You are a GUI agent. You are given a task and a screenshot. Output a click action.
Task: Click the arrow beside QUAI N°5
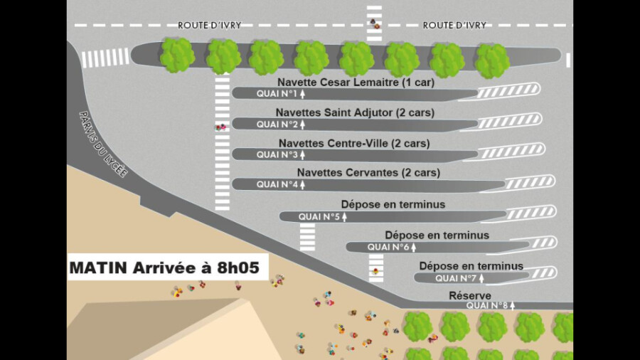344,217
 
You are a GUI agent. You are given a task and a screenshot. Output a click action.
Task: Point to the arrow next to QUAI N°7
481,278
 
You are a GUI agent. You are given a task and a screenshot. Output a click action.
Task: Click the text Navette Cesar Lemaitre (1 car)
356,83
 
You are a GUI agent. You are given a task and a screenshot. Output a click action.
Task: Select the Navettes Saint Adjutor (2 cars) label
355,112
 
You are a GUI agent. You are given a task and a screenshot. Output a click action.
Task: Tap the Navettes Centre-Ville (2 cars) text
354,143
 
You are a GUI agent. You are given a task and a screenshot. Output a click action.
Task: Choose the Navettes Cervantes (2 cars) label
368,173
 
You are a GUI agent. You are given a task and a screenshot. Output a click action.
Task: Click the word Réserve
470,295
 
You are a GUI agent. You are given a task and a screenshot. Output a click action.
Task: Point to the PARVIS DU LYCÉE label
103,144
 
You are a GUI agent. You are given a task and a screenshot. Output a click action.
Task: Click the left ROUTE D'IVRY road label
209,26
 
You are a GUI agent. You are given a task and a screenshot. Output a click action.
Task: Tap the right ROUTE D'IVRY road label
454,26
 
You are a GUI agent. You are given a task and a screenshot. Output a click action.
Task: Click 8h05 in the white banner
238,268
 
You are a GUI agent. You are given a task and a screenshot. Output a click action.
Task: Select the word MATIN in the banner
98,268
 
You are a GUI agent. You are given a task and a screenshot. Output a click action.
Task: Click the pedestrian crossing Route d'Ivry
374,24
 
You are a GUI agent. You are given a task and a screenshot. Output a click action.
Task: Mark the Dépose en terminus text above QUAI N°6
437,235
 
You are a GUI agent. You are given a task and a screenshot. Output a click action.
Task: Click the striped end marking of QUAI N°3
512,152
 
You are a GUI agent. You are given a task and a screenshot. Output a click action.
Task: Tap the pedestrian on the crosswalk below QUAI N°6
375,271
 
